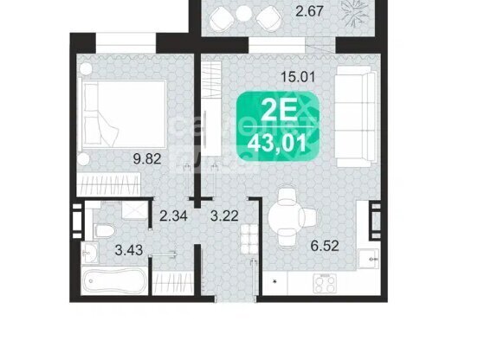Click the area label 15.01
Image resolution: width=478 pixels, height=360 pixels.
[298, 76]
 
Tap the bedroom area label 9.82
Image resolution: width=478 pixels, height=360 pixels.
[147, 158]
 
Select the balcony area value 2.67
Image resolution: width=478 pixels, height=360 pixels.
[309, 11]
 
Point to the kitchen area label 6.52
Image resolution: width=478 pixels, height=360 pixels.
[325, 246]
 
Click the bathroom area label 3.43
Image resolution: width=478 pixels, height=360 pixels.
[129, 250]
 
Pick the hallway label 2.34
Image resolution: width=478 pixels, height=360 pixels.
[173, 216]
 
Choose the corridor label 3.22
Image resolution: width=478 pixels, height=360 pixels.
[224, 216]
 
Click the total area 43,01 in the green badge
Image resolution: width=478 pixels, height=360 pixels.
[277, 144]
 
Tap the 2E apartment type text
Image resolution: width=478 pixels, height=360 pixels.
[279, 111]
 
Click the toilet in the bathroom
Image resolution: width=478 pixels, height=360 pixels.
[104, 230]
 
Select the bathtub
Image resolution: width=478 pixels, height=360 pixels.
[114, 280]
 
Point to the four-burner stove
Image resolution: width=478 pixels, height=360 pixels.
[325, 283]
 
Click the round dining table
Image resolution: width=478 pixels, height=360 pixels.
[283, 217]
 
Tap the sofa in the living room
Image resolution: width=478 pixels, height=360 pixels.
[355, 117]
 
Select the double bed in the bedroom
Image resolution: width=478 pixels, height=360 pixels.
[122, 114]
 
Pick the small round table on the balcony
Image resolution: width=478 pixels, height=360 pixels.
[243, 14]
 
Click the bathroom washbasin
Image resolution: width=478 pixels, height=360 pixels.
[90, 253]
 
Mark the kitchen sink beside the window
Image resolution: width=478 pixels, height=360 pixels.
[368, 259]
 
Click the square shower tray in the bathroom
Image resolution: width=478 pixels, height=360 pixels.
[134, 209]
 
